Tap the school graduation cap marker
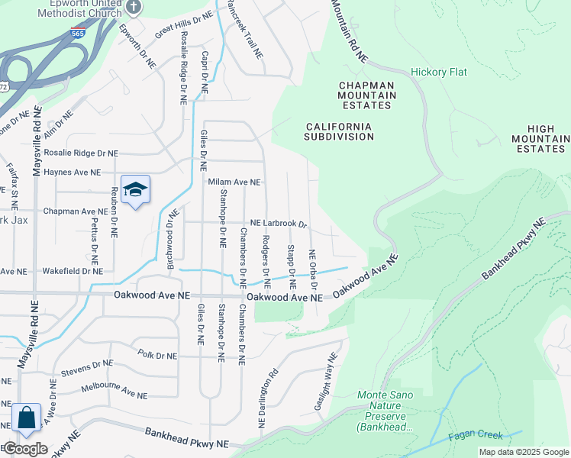135,191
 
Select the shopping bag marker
26,418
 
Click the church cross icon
134,8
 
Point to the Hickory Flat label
439,73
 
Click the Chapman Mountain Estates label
367,95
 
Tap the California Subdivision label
339,131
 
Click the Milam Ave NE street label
234,182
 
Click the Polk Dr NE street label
157,354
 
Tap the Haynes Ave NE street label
72,173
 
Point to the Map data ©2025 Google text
523,452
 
